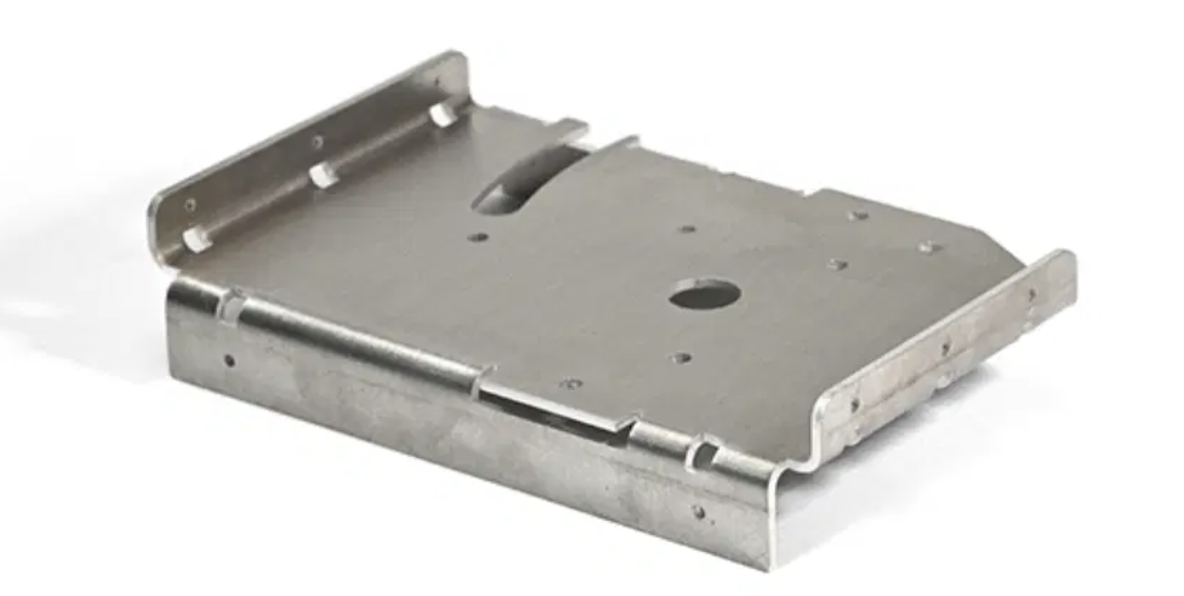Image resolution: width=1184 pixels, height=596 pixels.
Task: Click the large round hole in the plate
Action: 704,295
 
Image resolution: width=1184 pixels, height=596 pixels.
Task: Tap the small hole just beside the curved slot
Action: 478,237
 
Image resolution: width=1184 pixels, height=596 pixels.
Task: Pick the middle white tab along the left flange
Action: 322,175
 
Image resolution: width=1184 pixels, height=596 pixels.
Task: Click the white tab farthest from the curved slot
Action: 197,238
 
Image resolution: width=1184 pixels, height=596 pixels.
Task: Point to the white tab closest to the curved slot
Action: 443,113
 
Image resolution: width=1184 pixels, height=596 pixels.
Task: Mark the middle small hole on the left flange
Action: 317,142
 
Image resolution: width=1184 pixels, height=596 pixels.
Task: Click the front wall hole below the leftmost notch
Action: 228,360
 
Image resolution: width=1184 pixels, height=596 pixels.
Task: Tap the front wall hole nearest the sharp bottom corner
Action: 698,512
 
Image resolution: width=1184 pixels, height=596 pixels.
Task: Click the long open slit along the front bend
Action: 554,407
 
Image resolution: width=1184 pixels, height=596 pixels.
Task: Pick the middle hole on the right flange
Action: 945,347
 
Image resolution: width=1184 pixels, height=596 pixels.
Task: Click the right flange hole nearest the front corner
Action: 854,404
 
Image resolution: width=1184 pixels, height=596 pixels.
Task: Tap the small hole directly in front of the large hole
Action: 681,358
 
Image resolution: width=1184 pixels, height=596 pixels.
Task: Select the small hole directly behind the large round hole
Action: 687,228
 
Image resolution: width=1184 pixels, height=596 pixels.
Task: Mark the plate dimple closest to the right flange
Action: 928,248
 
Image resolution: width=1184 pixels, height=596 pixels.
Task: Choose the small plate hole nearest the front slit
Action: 570,384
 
